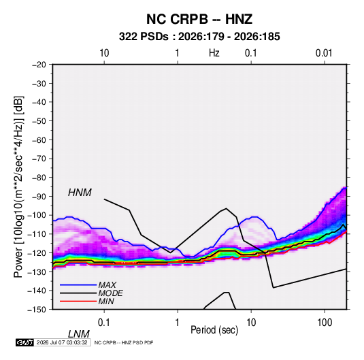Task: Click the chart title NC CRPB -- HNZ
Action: [x=199, y=19]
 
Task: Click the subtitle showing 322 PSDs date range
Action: [x=199, y=37]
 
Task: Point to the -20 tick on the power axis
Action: [x=39, y=65]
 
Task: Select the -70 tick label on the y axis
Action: [x=39, y=159]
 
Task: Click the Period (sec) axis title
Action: [x=214, y=330]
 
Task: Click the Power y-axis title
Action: [x=18, y=186]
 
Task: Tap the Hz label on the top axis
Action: [x=214, y=53]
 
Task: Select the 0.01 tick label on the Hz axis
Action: [x=324, y=53]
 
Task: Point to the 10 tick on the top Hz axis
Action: [x=104, y=53]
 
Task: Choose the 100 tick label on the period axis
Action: [x=325, y=323]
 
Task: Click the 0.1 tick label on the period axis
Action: [x=104, y=323]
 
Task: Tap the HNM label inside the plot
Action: [x=80, y=193]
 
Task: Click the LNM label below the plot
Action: [x=79, y=334]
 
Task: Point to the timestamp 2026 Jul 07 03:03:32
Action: [x=62, y=342]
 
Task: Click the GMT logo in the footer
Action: [x=24, y=342]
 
